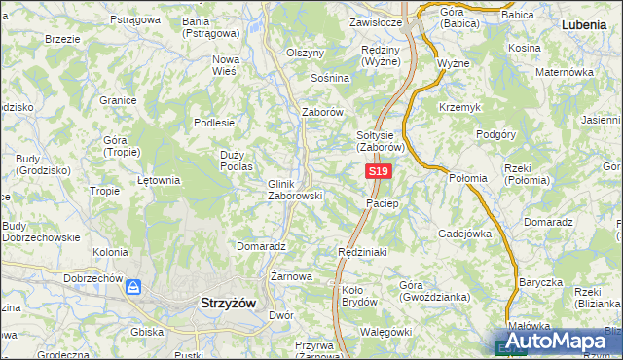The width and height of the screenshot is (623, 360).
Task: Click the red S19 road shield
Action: tap(379, 171)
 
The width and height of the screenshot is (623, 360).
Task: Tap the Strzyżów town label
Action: tap(227, 303)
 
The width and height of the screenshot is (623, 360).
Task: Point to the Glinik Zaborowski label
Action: tap(294, 189)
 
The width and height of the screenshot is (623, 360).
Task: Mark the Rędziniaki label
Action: tap(362, 252)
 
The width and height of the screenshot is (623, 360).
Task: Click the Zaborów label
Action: tap(323, 112)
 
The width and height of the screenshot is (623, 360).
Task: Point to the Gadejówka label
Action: tap(465, 234)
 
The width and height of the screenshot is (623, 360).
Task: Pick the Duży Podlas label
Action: tap(237, 161)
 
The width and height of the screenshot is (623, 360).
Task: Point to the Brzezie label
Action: tap(62, 39)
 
